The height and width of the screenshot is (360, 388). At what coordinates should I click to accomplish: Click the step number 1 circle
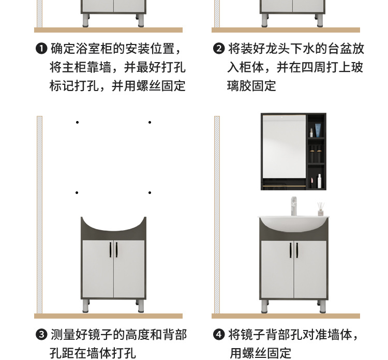[41, 49]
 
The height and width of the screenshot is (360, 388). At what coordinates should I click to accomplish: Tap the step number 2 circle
[219, 49]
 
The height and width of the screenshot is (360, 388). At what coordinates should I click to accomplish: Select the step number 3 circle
[41, 335]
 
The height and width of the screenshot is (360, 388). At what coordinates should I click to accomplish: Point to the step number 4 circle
[219, 335]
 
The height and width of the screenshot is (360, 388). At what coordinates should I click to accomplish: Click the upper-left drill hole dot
[77, 123]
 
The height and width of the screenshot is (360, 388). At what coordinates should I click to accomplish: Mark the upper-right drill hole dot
[150, 123]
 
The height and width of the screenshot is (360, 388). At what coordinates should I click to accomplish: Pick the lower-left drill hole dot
[77, 193]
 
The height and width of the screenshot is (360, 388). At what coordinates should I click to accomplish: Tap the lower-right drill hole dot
[150, 193]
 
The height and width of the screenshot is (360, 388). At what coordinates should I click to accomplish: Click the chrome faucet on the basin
[293, 206]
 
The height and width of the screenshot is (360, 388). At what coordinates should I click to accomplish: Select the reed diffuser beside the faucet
[320, 209]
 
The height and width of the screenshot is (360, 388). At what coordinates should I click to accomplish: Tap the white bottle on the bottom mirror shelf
[319, 181]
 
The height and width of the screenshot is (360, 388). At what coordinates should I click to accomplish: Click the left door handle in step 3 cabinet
[110, 250]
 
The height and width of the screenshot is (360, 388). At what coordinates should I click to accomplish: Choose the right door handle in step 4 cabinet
[297, 250]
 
